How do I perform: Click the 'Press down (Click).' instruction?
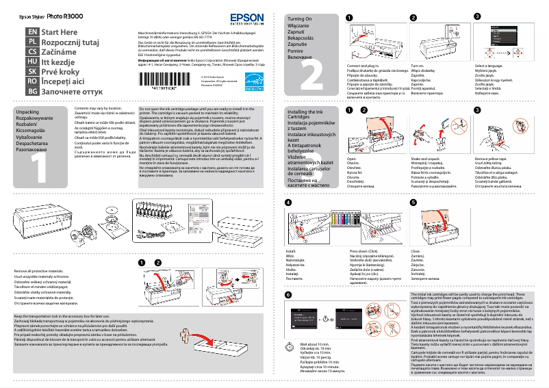[x=367, y=251]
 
